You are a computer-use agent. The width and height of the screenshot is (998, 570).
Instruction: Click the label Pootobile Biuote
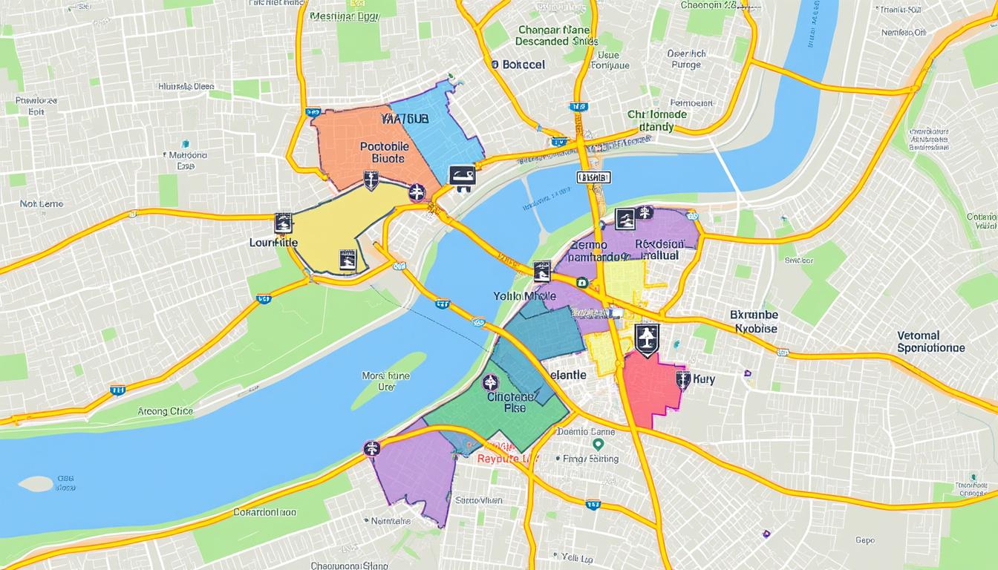tap(383, 152)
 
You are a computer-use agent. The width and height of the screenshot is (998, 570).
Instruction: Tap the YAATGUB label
tap(404, 119)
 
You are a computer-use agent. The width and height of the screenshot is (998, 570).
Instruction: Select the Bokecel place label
tap(519, 65)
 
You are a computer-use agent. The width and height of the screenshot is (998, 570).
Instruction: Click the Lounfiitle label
tap(273, 242)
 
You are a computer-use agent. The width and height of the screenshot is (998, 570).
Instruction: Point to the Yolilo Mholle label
tap(524, 295)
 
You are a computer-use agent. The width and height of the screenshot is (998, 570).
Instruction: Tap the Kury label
tap(703, 379)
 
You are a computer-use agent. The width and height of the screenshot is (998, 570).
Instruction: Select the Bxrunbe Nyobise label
tap(754, 321)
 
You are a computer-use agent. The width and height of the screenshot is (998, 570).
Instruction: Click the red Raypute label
tap(506, 458)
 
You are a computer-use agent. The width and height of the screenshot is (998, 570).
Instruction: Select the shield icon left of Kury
tap(682, 380)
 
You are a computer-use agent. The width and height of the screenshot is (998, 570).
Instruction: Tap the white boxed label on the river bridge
tap(593, 177)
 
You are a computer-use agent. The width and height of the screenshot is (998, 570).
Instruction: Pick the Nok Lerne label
tap(42, 203)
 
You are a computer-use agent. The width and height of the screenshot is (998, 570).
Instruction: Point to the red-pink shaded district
tap(650, 389)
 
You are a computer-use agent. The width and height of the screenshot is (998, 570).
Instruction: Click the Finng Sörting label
tap(591, 459)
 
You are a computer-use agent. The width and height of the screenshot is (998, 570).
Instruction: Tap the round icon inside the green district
tap(489, 383)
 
